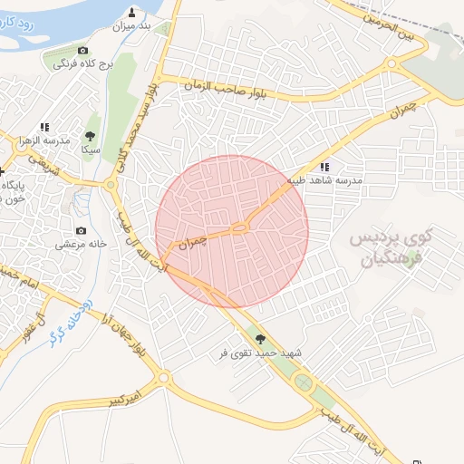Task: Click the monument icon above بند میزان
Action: click(132, 12)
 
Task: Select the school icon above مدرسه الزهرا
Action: click(44, 127)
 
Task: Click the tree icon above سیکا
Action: click(90, 135)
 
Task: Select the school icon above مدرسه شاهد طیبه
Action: click(324, 167)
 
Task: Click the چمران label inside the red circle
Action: click(192, 242)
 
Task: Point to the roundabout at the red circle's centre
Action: click(239, 228)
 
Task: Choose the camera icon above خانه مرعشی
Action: click(82, 231)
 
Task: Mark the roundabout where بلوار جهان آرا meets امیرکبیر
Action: click(163, 377)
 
